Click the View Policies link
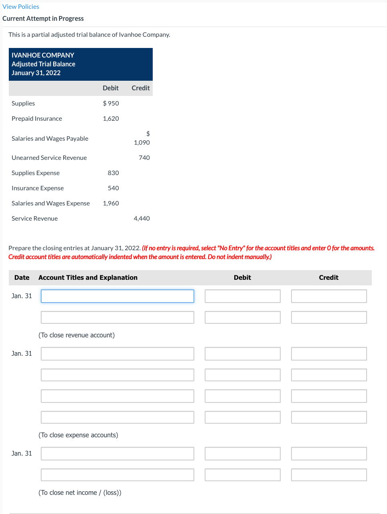tap(21, 7)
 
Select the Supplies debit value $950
tap(111, 104)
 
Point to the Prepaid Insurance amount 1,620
tap(111, 119)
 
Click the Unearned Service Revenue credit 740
tap(144, 158)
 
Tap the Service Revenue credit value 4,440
tap(142, 219)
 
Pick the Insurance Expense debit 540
tap(113, 188)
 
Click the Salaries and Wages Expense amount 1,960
tap(111, 203)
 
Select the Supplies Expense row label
tap(36, 173)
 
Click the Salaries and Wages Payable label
tap(50, 139)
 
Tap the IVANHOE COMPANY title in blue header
tap(43, 55)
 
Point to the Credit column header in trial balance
tap(140, 88)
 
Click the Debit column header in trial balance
tap(110, 88)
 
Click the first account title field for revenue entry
tap(117, 296)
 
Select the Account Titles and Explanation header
tap(88, 278)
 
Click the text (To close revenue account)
tap(76, 335)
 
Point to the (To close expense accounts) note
tap(78, 435)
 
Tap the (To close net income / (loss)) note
tap(80, 493)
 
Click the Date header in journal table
tap(22, 278)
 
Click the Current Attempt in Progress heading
tap(43, 19)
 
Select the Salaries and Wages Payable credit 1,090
tap(142, 143)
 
